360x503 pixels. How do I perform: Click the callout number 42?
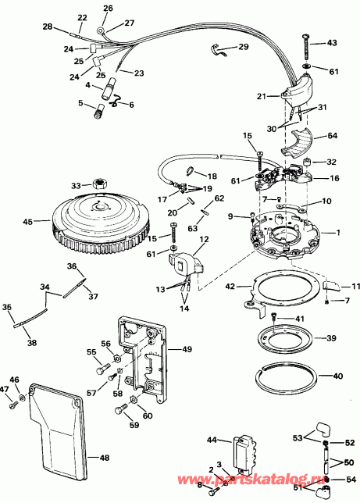click(x=230, y=287)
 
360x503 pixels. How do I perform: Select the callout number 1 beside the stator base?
click(x=337, y=234)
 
